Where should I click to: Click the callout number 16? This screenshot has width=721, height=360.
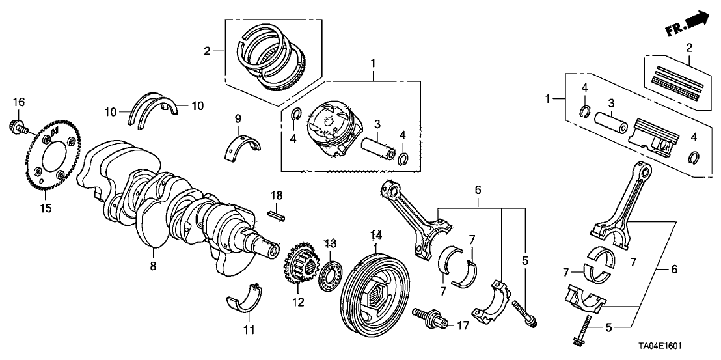click(x=18, y=102)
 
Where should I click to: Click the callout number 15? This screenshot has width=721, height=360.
click(x=45, y=208)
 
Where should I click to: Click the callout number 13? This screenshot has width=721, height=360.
click(x=331, y=243)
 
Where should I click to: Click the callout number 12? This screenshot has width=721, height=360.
click(x=298, y=302)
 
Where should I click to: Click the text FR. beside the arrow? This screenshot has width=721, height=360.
click(x=674, y=31)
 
